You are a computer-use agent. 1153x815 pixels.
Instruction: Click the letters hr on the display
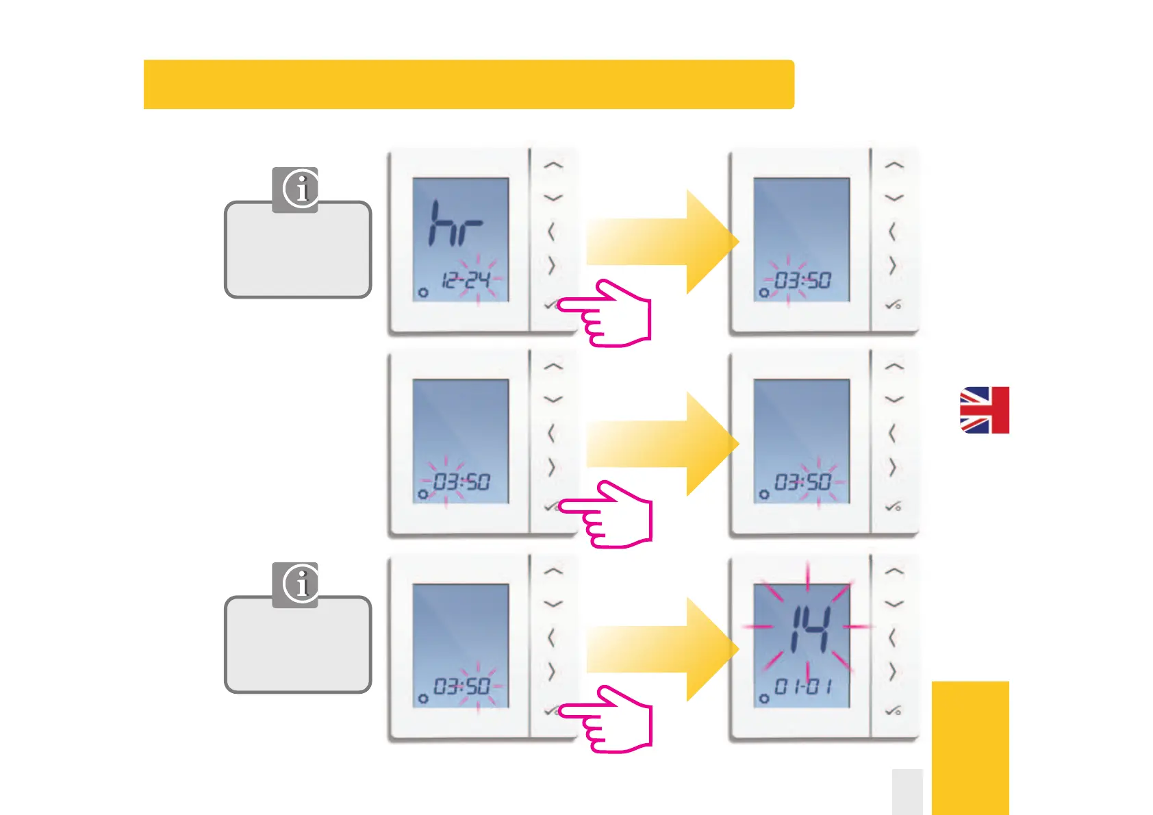pyautogui.click(x=454, y=223)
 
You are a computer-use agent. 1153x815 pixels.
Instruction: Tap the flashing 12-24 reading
pyautogui.click(x=466, y=280)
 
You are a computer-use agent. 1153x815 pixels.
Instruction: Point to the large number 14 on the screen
pyautogui.click(x=810, y=629)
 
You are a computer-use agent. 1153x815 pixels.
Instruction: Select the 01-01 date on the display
pyautogui.click(x=802, y=686)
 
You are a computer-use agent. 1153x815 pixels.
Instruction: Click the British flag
pyautogui.click(x=984, y=410)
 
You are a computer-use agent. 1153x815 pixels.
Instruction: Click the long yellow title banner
pyautogui.click(x=468, y=84)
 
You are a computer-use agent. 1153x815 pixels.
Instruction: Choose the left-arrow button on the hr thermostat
pyautogui.click(x=550, y=232)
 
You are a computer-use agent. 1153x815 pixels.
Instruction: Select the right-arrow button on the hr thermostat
pyautogui.click(x=551, y=265)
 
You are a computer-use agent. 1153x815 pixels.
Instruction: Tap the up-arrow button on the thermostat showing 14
pyautogui.click(x=894, y=571)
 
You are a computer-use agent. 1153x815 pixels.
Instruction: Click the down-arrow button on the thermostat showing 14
pyautogui.click(x=894, y=604)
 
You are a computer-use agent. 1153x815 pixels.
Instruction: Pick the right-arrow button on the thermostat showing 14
pyautogui.click(x=892, y=671)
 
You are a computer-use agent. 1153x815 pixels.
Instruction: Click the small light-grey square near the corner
pyautogui.click(x=907, y=792)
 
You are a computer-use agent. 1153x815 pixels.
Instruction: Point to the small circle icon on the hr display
pyautogui.click(x=423, y=292)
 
